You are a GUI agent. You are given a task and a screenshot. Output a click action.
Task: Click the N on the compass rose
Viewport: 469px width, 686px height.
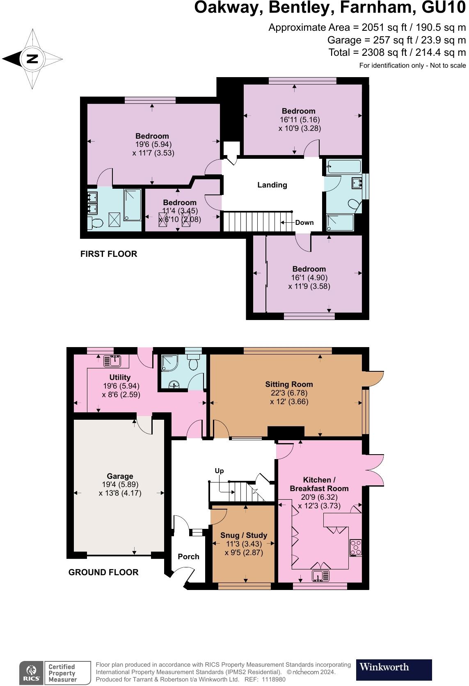(x=32, y=59)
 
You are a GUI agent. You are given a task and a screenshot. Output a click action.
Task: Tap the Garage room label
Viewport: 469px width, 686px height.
(x=120, y=476)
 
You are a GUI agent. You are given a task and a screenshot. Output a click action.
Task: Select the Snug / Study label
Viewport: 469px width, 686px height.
(x=244, y=535)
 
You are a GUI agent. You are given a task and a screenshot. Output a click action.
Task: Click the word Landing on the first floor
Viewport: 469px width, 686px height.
(x=272, y=185)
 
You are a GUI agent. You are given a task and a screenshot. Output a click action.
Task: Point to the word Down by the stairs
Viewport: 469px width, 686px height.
(x=304, y=222)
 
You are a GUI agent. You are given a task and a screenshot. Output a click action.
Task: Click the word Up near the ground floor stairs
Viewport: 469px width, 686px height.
(x=219, y=471)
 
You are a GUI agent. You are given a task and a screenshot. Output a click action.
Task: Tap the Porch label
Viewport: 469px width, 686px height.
(x=188, y=556)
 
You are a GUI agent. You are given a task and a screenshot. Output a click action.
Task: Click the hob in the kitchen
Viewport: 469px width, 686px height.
(x=356, y=548)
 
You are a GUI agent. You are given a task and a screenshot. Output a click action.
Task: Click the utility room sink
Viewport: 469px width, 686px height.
(x=112, y=361)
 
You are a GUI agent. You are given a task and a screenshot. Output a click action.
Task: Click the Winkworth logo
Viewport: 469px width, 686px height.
(x=394, y=670)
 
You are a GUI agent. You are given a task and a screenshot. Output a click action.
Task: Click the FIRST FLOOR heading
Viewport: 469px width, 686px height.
(x=109, y=254)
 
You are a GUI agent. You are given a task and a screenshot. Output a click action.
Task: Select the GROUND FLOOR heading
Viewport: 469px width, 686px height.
(x=103, y=572)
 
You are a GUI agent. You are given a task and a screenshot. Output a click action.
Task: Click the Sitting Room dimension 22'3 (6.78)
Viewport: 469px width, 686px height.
(x=289, y=393)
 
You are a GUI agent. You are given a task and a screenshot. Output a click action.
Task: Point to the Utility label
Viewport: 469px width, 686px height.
(x=120, y=377)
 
